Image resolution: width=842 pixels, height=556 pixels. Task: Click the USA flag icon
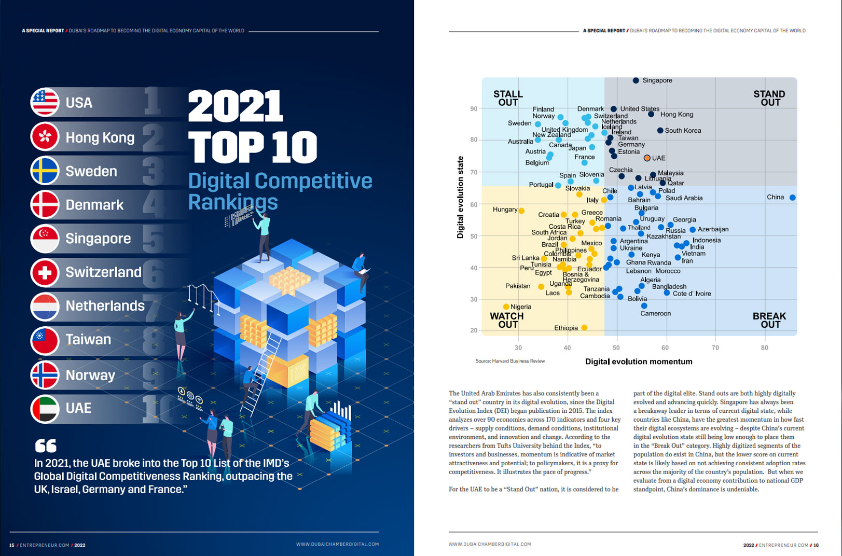pyautogui.click(x=45, y=102)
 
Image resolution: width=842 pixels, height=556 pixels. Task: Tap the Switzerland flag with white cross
pyautogui.click(x=45, y=272)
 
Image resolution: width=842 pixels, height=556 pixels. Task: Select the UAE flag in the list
pyautogui.click(x=45, y=409)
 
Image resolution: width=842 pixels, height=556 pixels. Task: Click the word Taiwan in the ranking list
pyautogui.click(x=88, y=340)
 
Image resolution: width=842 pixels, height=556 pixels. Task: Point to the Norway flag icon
pyautogui.click(x=45, y=375)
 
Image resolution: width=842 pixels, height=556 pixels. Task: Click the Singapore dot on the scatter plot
pyautogui.click(x=636, y=80)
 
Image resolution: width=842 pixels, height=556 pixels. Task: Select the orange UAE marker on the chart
pyautogui.click(x=647, y=158)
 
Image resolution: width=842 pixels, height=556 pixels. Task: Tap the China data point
pyautogui.click(x=792, y=198)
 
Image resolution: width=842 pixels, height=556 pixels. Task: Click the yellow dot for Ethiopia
pyautogui.click(x=584, y=328)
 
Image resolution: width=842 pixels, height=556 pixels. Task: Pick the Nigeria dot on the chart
pyautogui.click(x=506, y=307)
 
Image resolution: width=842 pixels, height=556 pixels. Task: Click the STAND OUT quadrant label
pyautogui.click(x=769, y=98)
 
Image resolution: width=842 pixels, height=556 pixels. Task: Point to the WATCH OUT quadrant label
pyautogui.click(x=507, y=320)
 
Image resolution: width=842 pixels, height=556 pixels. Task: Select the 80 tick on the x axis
pyautogui.click(x=764, y=347)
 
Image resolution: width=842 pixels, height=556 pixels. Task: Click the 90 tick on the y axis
pyautogui.click(x=474, y=109)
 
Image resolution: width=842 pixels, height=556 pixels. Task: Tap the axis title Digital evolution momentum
pyautogui.click(x=639, y=362)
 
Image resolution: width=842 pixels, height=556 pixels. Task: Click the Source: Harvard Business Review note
pyautogui.click(x=510, y=361)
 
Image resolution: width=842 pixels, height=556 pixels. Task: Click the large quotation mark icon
pyautogui.click(x=46, y=446)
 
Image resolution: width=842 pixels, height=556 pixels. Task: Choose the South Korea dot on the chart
pyautogui.click(x=660, y=130)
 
